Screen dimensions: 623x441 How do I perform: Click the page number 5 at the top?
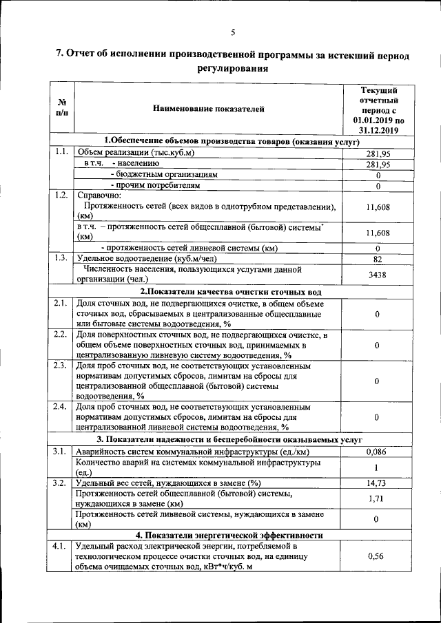pos(233,32)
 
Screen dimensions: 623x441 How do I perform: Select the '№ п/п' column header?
pos(61,107)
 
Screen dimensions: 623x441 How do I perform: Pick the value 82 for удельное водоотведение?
pos(378,259)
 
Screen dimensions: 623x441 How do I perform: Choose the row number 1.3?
pos(60,258)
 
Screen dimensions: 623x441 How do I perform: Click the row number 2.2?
pos(60,335)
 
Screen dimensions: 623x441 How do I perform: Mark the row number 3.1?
pos(60,452)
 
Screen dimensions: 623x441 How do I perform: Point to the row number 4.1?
pos(60,546)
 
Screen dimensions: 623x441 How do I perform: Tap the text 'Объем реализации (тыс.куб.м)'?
pos(135,153)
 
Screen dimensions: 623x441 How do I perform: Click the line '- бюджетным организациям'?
pos(164,175)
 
